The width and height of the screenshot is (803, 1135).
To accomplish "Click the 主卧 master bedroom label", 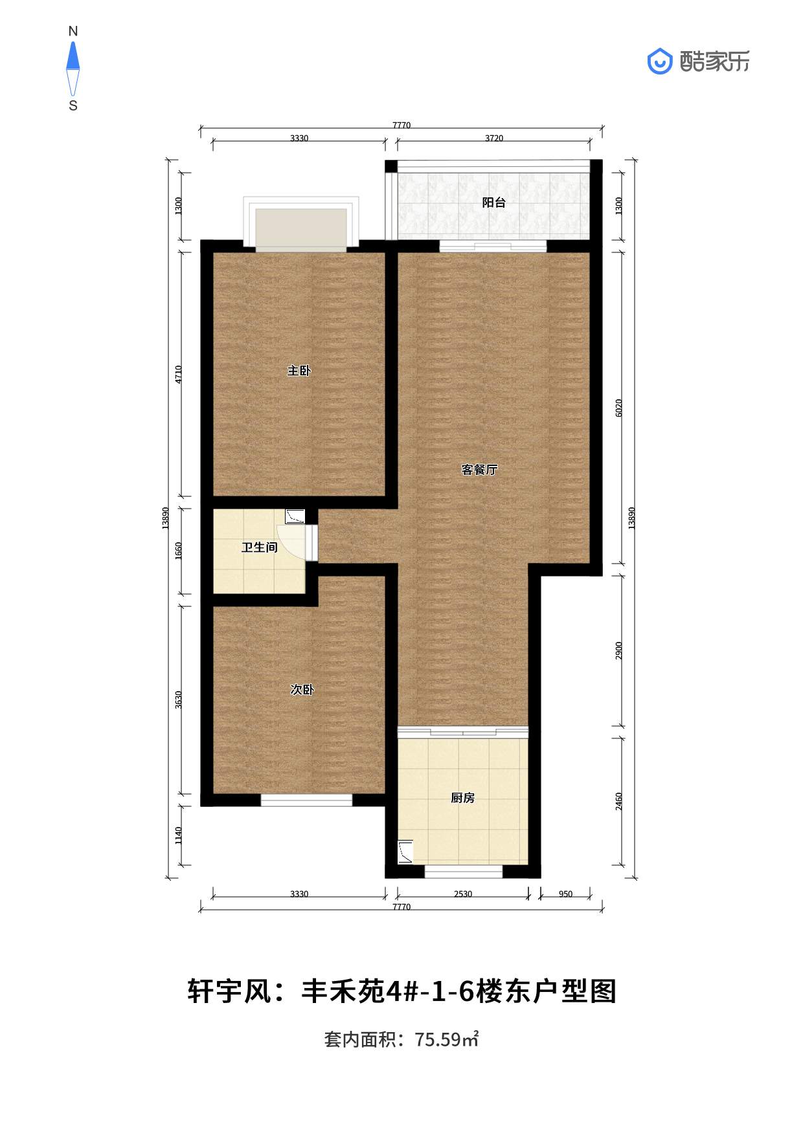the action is pyautogui.click(x=299, y=371).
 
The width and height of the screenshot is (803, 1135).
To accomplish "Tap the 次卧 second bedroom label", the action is pyautogui.click(x=302, y=690).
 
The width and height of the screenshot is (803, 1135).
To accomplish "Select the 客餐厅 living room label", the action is pyautogui.click(x=479, y=470).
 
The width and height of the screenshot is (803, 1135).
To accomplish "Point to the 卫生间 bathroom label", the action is pyautogui.click(x=260, y=547).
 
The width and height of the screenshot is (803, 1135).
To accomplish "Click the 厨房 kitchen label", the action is pyautogui.click(x=463, y=798).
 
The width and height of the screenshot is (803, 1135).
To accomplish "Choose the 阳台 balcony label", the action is pyautogui.click(x=494, y=203).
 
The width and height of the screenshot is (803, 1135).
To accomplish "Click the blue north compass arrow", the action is pyautogui.click(x=73, y=56).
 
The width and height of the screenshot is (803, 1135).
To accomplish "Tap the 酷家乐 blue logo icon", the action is pyautogui.click(x=660, y=61).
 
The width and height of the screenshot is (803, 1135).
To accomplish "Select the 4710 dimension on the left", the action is pyautogui.click(x=179, y=375).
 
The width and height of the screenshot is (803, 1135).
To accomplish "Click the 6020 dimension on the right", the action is pyautogui.click(x=618, y=408).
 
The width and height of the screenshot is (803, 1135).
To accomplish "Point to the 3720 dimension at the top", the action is pyautogui.click(x=494, y=138).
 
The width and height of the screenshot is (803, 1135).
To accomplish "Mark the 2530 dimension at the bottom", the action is pyautogui.click(x=463, y=894).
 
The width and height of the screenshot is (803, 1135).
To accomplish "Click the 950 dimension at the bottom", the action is pyautogui.click(x=565, y=894).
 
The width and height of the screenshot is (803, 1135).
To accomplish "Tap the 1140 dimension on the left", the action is pyautogui.click(x=179, y=835).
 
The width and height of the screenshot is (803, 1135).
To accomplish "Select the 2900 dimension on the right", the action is pyautogui.click(x=618, y=651).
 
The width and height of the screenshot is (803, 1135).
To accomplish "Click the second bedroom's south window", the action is pyautogui.click(x=306, y=800).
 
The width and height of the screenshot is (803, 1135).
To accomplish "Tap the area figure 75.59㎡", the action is pyautogui.click(x=446, y=1040).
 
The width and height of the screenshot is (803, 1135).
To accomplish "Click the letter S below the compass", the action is pyautogui.click(x=73, y=105).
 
